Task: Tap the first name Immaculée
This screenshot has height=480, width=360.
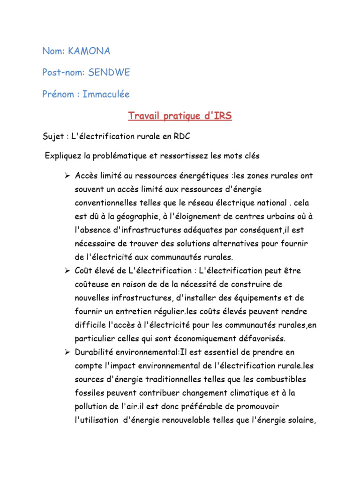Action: click(106, 94)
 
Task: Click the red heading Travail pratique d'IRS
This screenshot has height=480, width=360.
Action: click(180, 116)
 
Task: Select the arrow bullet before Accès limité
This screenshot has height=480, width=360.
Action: click(67, 175)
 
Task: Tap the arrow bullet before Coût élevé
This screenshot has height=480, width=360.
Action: click(67, 271)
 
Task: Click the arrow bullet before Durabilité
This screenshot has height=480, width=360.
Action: click(67, 352)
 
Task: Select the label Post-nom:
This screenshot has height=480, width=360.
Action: click(63, 73)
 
